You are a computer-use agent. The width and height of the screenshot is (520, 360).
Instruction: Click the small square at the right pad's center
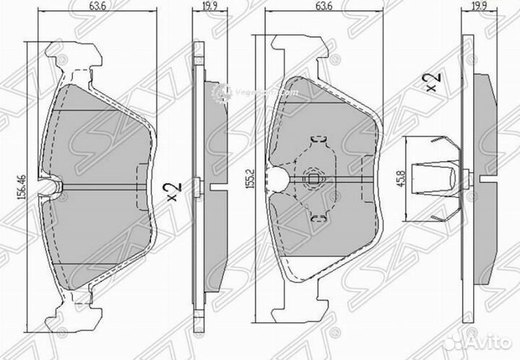313,178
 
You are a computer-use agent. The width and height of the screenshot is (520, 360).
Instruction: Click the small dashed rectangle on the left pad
142,176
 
